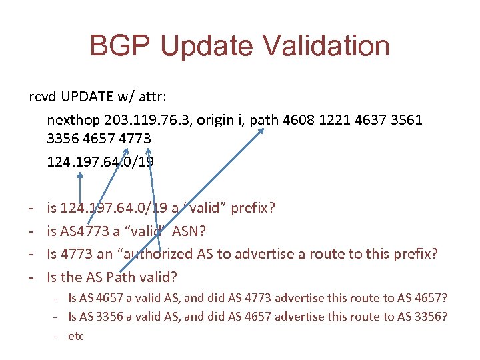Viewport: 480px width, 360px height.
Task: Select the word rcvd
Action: [42, 98]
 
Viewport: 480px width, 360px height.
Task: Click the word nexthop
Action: [71, 120]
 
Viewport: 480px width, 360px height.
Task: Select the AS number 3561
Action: [421, 120]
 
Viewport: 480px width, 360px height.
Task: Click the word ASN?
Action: [191, 231]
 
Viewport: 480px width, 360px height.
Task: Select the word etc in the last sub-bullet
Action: [77, 336]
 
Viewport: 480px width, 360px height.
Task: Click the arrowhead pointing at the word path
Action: [262, 131]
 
